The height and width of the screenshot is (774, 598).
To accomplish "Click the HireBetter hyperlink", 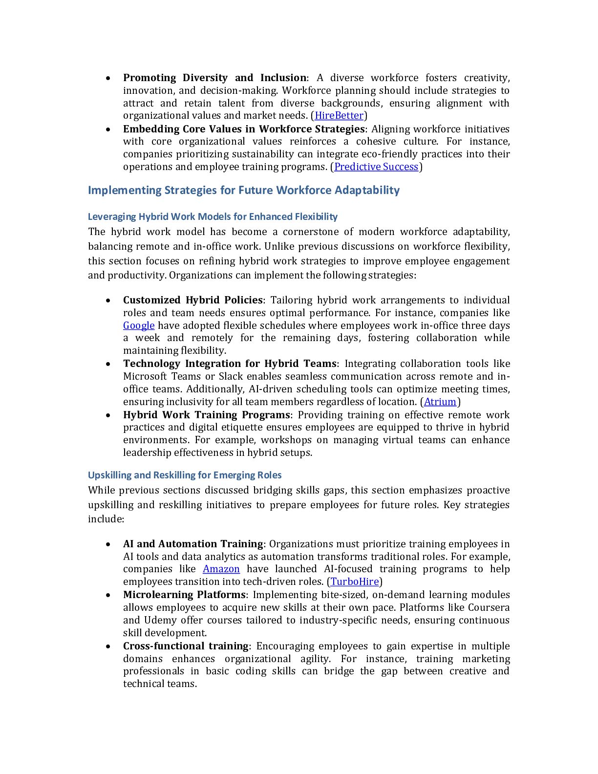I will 339,116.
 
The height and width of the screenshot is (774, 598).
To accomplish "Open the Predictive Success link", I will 376,167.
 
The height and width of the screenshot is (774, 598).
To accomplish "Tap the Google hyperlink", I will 139,325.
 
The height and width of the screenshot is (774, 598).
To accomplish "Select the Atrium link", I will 440,402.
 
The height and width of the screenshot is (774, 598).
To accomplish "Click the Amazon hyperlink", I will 221,569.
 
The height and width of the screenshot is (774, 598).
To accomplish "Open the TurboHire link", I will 355,581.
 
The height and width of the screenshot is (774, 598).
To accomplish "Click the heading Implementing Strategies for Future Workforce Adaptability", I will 244,190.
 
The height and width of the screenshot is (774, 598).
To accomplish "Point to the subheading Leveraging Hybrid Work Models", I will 213,216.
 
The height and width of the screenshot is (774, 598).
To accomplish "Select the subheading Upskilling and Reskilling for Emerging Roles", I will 185,475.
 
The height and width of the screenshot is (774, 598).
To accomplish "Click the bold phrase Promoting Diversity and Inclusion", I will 214,78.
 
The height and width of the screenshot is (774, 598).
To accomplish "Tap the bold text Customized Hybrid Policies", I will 193,300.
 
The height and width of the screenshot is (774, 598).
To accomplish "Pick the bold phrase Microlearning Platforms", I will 184,595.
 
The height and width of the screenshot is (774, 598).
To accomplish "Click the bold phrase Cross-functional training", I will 186,646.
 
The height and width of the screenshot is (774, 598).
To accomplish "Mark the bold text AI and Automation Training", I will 193,544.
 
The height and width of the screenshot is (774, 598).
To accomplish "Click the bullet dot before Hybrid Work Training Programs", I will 108,415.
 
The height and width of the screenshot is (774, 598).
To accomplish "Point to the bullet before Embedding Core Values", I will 108,129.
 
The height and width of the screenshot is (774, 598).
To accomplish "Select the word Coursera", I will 489,607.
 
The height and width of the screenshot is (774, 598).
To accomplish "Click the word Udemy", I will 157,620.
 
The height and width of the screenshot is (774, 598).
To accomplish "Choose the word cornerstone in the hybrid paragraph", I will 310,232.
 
